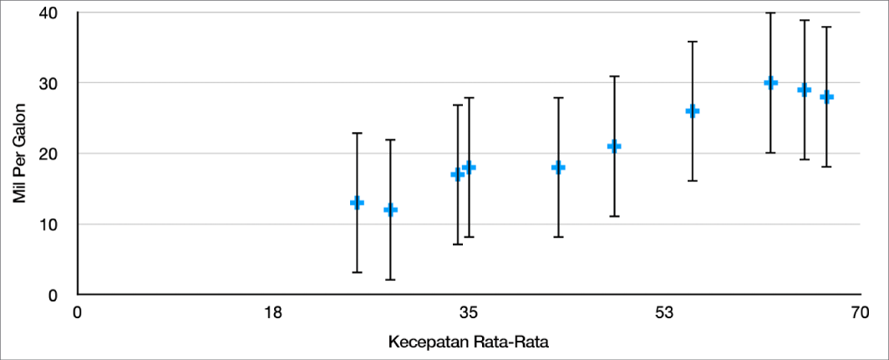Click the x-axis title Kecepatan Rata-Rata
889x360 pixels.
point(470,342)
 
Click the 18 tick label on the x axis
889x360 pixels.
point(273,312)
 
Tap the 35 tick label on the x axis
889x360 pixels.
point(469,312)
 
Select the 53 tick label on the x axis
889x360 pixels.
point(665,312)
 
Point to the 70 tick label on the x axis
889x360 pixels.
point(861,312)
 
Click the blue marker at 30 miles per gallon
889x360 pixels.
point(770,83)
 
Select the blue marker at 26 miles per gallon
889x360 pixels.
point(693,111)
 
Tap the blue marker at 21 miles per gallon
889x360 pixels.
point(614,146)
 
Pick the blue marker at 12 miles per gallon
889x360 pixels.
point(391,210)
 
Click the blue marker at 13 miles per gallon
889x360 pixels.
point(357,202)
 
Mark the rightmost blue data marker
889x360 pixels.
point(826,97)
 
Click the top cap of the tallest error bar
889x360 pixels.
point(770,13)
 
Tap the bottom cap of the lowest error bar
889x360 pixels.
point(391,280)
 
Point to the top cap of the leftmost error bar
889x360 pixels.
point(357,133)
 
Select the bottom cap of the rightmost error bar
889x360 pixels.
point(826,167)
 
